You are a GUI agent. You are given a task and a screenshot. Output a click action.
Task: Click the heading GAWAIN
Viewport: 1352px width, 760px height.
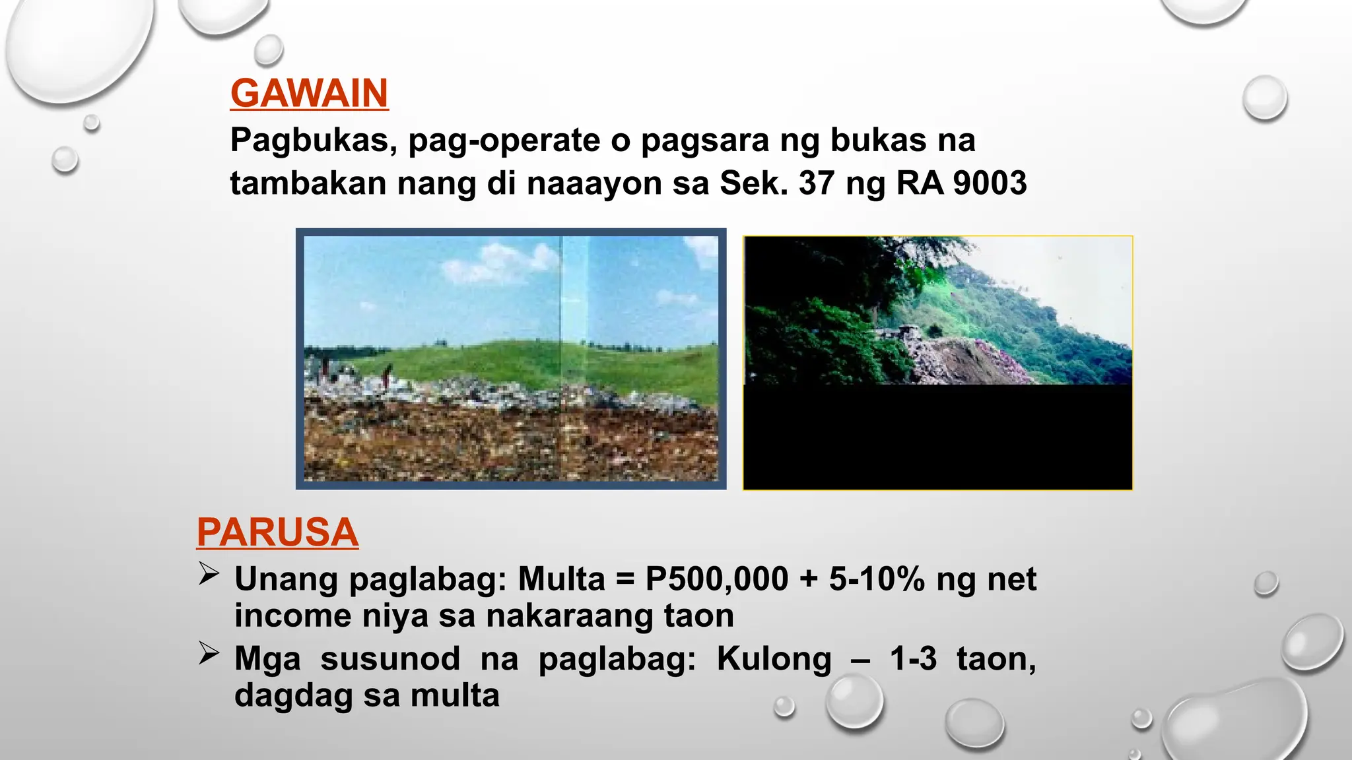(309, 94)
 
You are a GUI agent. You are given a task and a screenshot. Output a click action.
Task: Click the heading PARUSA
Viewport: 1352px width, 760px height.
(277, 532)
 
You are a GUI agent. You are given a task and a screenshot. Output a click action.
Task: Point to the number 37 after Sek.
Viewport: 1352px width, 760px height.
(817, 183)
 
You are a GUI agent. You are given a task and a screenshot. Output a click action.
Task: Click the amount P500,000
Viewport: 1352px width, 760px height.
(716, 579)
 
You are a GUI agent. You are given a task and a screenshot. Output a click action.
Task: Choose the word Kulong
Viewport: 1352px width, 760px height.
(774, 658)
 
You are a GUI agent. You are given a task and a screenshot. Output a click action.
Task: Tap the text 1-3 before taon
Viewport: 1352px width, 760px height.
(913, 658)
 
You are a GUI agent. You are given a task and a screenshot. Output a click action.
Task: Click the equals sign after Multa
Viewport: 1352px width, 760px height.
(625, 579)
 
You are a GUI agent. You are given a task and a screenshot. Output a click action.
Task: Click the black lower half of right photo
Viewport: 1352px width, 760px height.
(937, 437)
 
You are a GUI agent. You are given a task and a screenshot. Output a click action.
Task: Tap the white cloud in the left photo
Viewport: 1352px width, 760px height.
(502, 263)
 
